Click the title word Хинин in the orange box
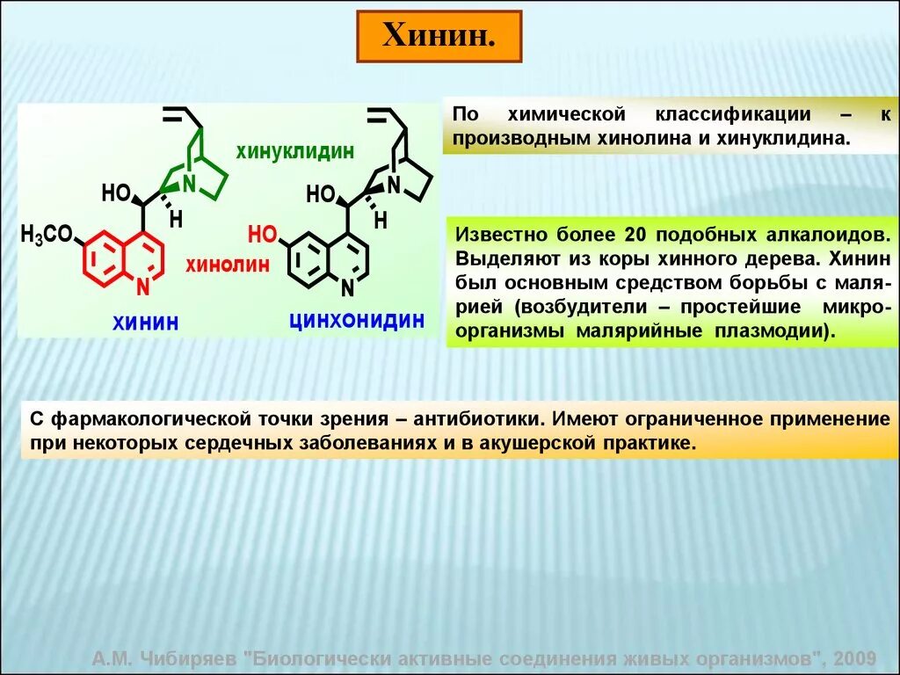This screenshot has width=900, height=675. (439, 37)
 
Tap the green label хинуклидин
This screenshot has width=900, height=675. (294, 151)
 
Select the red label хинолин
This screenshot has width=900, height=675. (227, 265)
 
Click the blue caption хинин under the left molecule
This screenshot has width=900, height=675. (145, 323)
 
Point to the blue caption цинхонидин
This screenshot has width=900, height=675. (357, 319)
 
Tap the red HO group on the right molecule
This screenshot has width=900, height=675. (262, 234)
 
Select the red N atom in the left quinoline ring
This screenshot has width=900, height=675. (143, 287)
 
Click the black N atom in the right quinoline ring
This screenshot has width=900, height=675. (347, 287)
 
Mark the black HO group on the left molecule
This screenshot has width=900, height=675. (116, 193)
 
